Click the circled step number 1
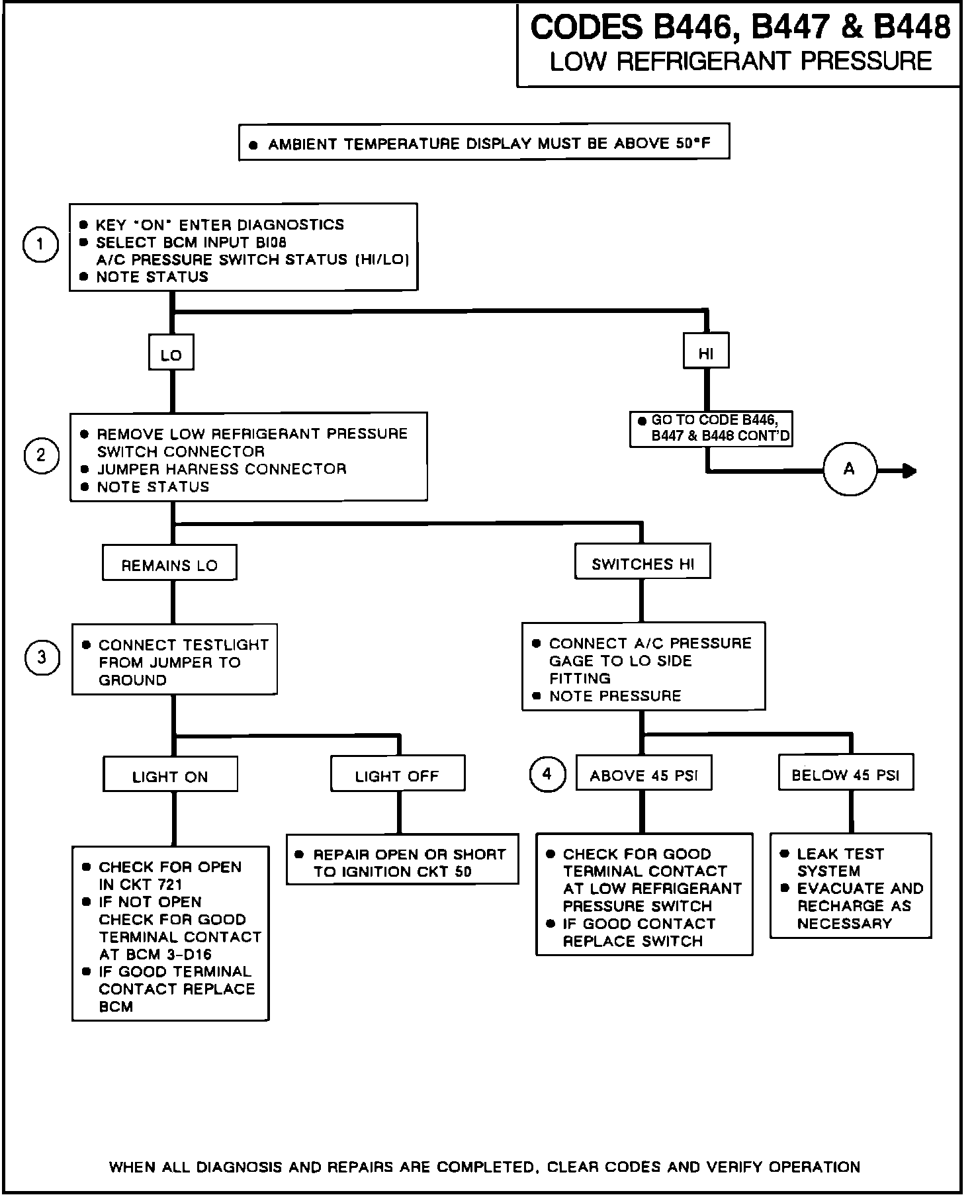(x=40, y=245)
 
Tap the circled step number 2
(x=42, y=455)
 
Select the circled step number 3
(x=42, y=658)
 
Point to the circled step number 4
(x=547, y=774)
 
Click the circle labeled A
(x=850, y=470)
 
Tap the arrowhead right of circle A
(x=910, y=470)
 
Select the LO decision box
(x=171, y=355)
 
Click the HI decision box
(x=706, y=353)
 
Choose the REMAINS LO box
(x=169, y=564)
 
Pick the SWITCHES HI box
(x=642, y=563)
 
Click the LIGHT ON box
(x=170, y=776)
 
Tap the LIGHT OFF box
(x=397, y=775)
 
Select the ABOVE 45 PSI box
(x=644, y=775)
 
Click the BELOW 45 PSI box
(x=846, y=774)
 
